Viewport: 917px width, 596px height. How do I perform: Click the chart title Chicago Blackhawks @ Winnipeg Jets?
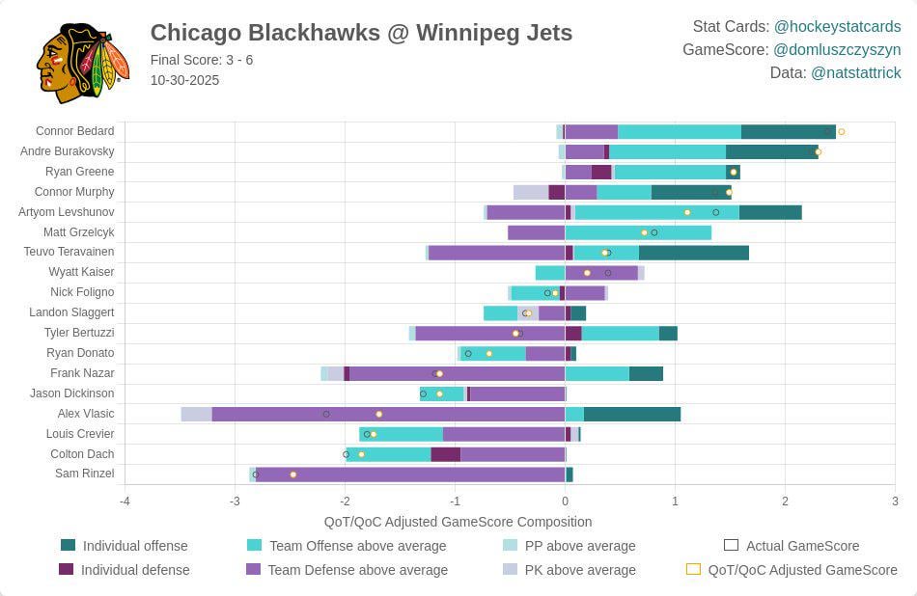(361, 33)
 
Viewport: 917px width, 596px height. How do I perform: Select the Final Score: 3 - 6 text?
(202, 60)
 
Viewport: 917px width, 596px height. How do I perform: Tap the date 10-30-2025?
(184, 80)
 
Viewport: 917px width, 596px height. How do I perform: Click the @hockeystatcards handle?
(837, 27)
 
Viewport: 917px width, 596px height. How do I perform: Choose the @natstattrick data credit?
(855, 73)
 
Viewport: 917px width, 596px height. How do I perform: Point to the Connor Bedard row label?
(74, 131)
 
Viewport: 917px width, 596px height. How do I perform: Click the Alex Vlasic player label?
(85, 414)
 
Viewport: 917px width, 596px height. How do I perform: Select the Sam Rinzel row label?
(84, 474)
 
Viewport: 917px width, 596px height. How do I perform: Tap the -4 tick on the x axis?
(125, 501)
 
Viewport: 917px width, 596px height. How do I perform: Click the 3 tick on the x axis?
(895, 501)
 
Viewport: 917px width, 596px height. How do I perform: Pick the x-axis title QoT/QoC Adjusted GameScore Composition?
(458, 522)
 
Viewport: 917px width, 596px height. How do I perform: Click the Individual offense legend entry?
(135, 546)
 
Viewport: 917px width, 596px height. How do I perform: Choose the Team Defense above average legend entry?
(357, 570)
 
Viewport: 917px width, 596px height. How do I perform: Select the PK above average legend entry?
(579, 570)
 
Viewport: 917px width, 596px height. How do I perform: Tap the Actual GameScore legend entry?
(801, 546)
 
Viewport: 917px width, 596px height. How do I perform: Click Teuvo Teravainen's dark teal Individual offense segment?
(693, 253)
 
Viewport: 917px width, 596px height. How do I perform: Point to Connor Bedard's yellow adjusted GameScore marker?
(841, 131)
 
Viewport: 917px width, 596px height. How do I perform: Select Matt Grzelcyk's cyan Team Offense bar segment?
(637, 232)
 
